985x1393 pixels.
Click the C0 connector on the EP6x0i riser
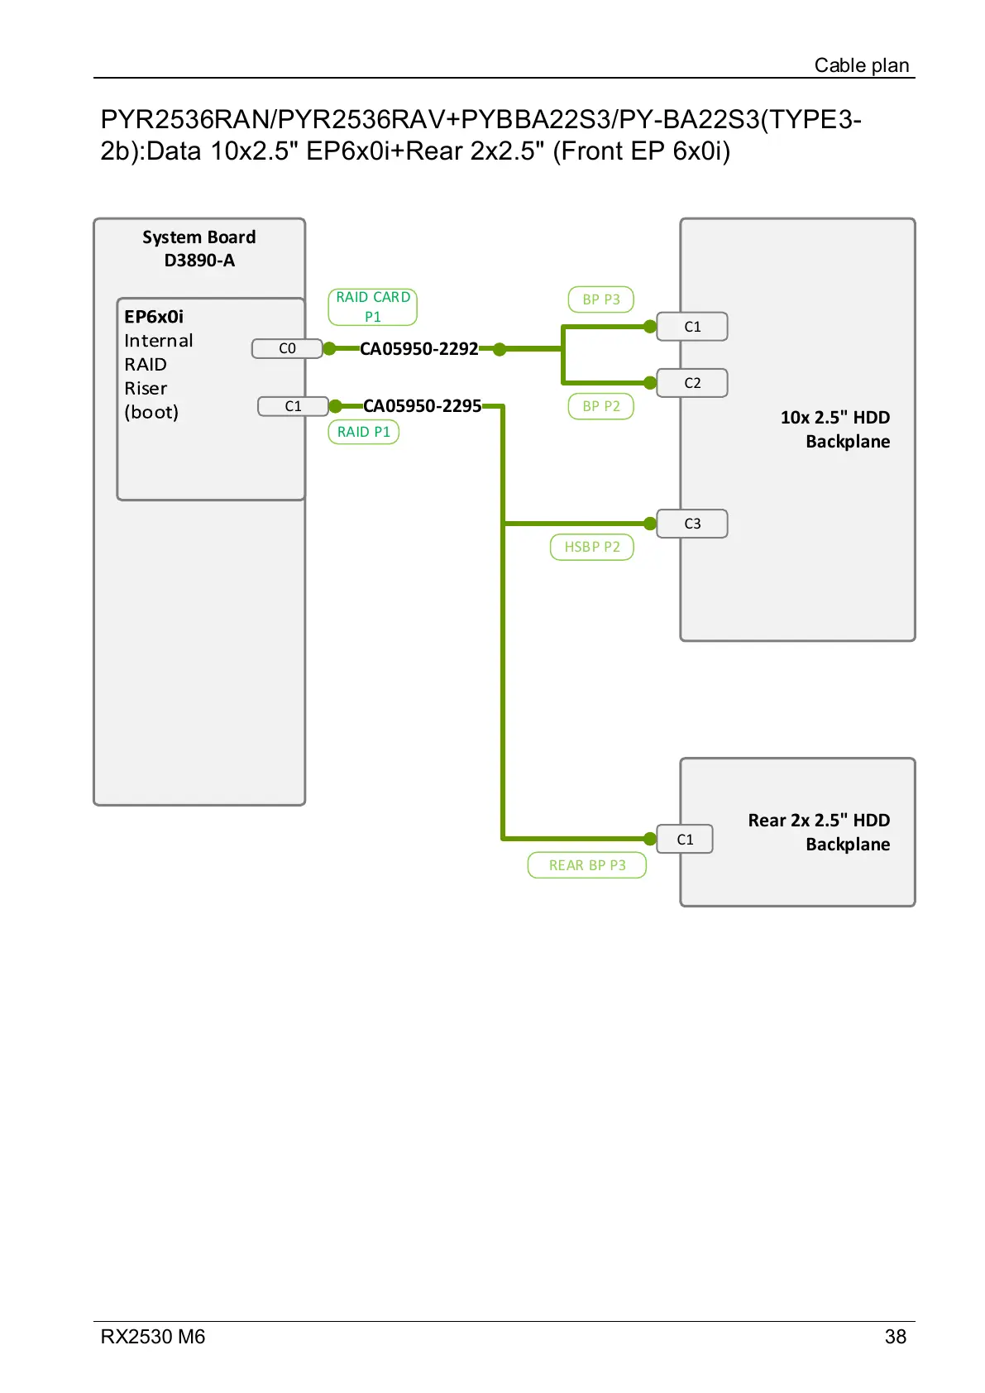tap(287, 349)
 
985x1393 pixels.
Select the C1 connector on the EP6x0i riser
tap(293, 406)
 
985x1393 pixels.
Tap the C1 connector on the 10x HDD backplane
tap(692, 327)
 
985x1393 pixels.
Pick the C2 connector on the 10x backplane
tap(692, 383)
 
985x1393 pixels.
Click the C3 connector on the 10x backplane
tap(692, 524)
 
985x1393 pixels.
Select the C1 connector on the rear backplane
tap(685, 840)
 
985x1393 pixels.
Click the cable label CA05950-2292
tap(418, 349)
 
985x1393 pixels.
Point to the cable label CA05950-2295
tap(422, 406)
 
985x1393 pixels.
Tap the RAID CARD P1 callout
tap(373, 307)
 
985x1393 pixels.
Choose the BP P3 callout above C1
tap(601, 299)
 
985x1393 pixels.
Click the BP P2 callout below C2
tap(601, 406)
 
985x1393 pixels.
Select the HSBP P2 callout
tap(592, 547)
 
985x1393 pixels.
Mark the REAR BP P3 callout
tap(587, 865)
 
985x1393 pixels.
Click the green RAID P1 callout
tap(364, 432)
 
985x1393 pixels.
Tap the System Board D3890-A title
tap(199, 249)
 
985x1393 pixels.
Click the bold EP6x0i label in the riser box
tap(154, 317)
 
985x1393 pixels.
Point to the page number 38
tap(896, 1337)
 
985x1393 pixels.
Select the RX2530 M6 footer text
tap(153, 1337)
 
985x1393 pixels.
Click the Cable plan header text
tap(862, 65)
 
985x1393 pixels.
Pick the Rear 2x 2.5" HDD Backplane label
tap(819, 832)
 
